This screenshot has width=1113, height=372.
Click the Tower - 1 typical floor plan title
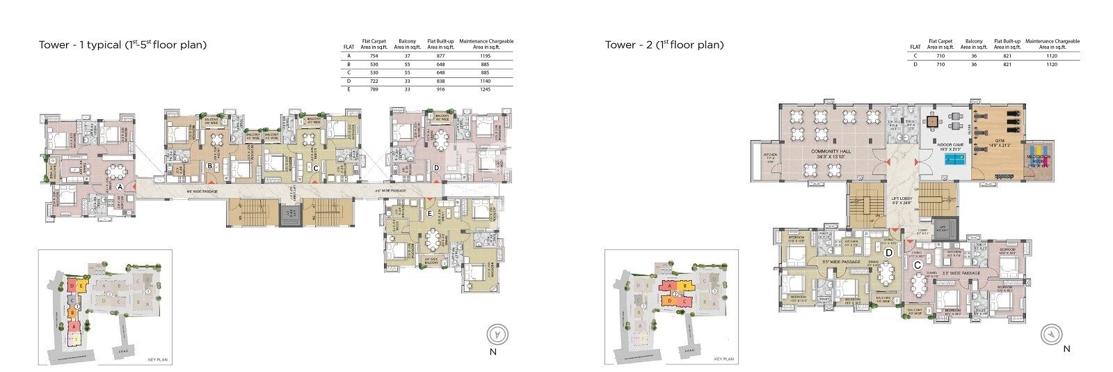(123, 45)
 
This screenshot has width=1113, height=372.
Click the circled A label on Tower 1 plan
(120, 187)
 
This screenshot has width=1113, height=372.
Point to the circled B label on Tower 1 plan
(209, 166)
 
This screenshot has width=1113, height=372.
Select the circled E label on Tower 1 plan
(430, 214)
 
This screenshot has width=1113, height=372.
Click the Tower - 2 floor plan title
(664, 45)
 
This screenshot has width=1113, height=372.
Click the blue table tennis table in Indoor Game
(954, 159)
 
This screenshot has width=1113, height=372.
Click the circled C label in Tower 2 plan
(918, 265)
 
